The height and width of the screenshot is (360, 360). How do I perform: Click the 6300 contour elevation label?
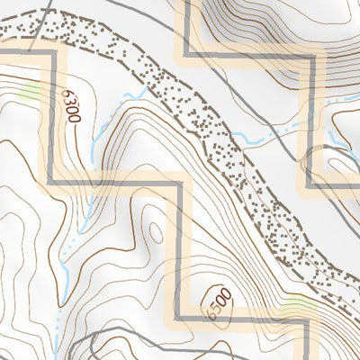73,105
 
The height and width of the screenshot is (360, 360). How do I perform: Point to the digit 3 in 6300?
72,101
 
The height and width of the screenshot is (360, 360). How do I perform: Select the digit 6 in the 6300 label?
70,93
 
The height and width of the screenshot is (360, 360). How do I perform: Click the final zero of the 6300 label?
76,117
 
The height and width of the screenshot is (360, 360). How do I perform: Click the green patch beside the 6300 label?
31,90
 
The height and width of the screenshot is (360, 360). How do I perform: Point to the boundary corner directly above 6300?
55,53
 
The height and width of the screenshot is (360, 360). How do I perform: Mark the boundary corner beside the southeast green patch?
308,319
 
